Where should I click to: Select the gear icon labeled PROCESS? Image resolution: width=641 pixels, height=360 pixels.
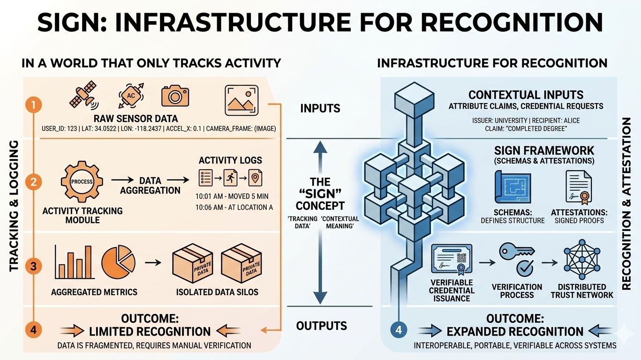[x=82, y=181]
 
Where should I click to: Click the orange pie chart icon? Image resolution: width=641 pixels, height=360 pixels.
[x=118, y=261]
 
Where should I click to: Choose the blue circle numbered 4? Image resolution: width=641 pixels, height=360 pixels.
[x=399, y=330]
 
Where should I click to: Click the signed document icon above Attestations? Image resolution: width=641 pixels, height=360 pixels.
[x=577, y=187]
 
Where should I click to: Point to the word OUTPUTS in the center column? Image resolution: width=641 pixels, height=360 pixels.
[x=322, y=326]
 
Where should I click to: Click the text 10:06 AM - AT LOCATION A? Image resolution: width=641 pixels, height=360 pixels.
[x=234, y=207]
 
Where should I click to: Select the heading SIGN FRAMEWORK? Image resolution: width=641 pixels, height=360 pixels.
[x=544, y=151]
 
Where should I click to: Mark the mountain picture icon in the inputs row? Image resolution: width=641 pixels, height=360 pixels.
[x=242, y=100]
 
